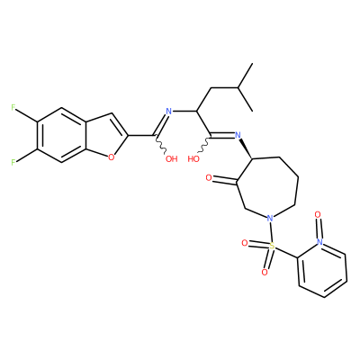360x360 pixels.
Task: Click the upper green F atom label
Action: tap(13, 107)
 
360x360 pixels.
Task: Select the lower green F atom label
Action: tap(13, 163)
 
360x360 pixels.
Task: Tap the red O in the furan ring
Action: tap(112, 157)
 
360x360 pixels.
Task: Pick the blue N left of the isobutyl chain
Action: tap(168, 112)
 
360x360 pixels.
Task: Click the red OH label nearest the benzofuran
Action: tap(172, 158)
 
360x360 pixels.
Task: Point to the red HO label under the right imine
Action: tap(193, 158)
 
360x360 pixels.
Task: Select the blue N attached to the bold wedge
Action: tap(238, 135)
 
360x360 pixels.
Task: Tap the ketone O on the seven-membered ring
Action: tap(209, 178)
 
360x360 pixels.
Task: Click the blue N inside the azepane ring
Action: tap(270, 218)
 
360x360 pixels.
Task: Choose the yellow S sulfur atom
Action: tap(272, 246)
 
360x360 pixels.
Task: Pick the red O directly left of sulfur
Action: tap(245, 243)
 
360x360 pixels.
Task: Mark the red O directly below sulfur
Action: tap(265, 272)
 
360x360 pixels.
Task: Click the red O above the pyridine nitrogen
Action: tap(318, 215)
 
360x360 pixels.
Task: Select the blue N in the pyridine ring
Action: tap(319, 241)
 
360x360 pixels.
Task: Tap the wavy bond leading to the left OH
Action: tap(160, 145)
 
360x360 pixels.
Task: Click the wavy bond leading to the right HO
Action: tap(204, 145)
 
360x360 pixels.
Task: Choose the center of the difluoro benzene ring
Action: tap(61, 135)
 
